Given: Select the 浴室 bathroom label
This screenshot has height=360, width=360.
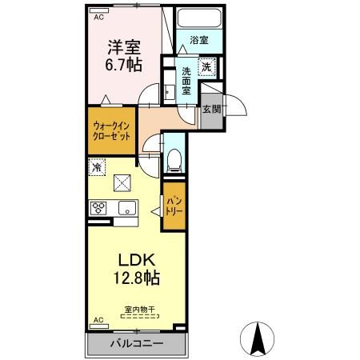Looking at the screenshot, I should click(199, 39).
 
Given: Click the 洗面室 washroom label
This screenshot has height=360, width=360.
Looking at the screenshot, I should click(185, 80).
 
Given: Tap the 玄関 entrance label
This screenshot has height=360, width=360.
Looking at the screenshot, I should click(210, 110).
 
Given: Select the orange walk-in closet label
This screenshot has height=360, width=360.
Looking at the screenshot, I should click(109, 130).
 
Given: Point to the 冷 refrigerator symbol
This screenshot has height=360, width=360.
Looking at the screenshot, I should click(96, 168).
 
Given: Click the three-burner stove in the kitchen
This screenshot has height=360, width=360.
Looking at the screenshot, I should click(99, 209).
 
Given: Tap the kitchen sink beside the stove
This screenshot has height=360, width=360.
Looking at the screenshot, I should click(126, 209).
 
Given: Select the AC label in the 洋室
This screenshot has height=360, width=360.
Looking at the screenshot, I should click(99, 15).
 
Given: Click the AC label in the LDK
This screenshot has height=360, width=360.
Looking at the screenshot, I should click(99, 320).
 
